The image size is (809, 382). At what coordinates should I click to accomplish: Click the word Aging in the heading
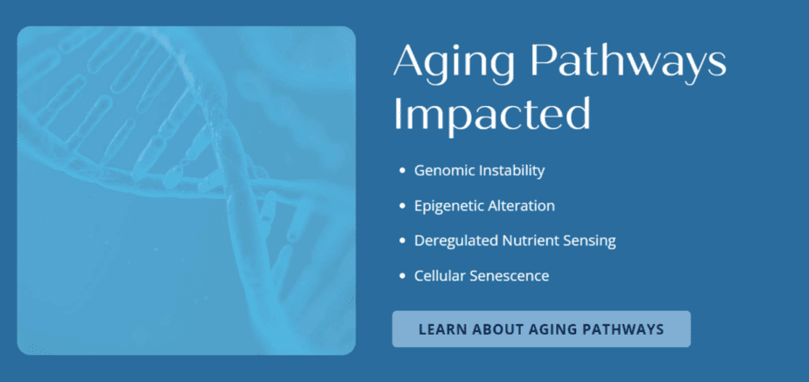(454, 64)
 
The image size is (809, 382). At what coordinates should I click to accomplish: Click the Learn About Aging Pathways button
(541, 329)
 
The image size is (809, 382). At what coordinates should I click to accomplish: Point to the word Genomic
(444, 171)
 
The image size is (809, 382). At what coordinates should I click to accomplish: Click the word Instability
(511, 170)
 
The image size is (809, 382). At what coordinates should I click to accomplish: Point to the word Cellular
(440, 276)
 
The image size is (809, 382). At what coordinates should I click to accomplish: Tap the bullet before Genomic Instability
(403, 171)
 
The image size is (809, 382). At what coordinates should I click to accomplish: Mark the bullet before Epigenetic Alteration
(403, 206)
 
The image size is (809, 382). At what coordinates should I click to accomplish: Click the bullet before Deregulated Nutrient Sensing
(403, 241)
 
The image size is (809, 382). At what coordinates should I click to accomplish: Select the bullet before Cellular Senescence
(403, 276)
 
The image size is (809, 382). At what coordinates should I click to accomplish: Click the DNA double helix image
(186, 190)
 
